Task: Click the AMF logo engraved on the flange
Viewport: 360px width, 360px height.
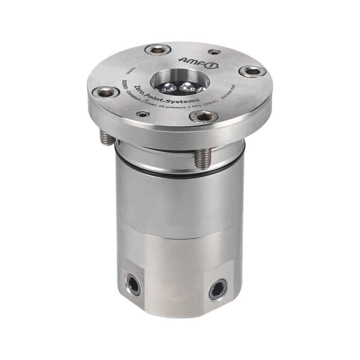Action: coord(198,62)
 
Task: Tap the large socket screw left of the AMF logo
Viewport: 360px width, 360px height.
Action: coord(157,50)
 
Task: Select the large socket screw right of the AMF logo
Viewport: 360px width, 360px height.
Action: coord(252,71)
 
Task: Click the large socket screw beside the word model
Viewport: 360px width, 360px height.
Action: coord(106,92)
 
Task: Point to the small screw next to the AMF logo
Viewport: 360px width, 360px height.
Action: coord(215,52)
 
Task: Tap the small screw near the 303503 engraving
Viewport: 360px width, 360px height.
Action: coord(143,114)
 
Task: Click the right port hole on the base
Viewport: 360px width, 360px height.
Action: coord(218,289)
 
